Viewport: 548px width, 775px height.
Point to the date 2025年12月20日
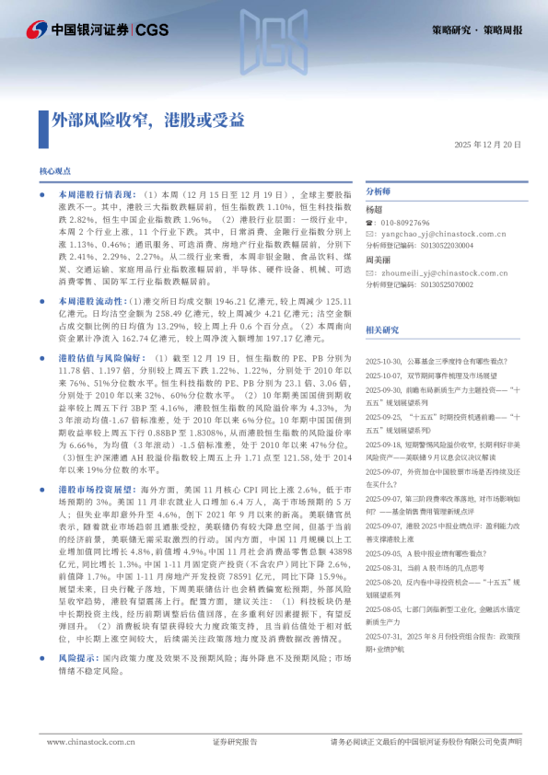pos(487,145)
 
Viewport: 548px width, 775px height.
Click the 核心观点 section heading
pos(55,171)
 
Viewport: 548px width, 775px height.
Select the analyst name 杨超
pos(374,210)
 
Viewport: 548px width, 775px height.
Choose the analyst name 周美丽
pos(378,260)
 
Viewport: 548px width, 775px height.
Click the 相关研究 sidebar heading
pos(382,329)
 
